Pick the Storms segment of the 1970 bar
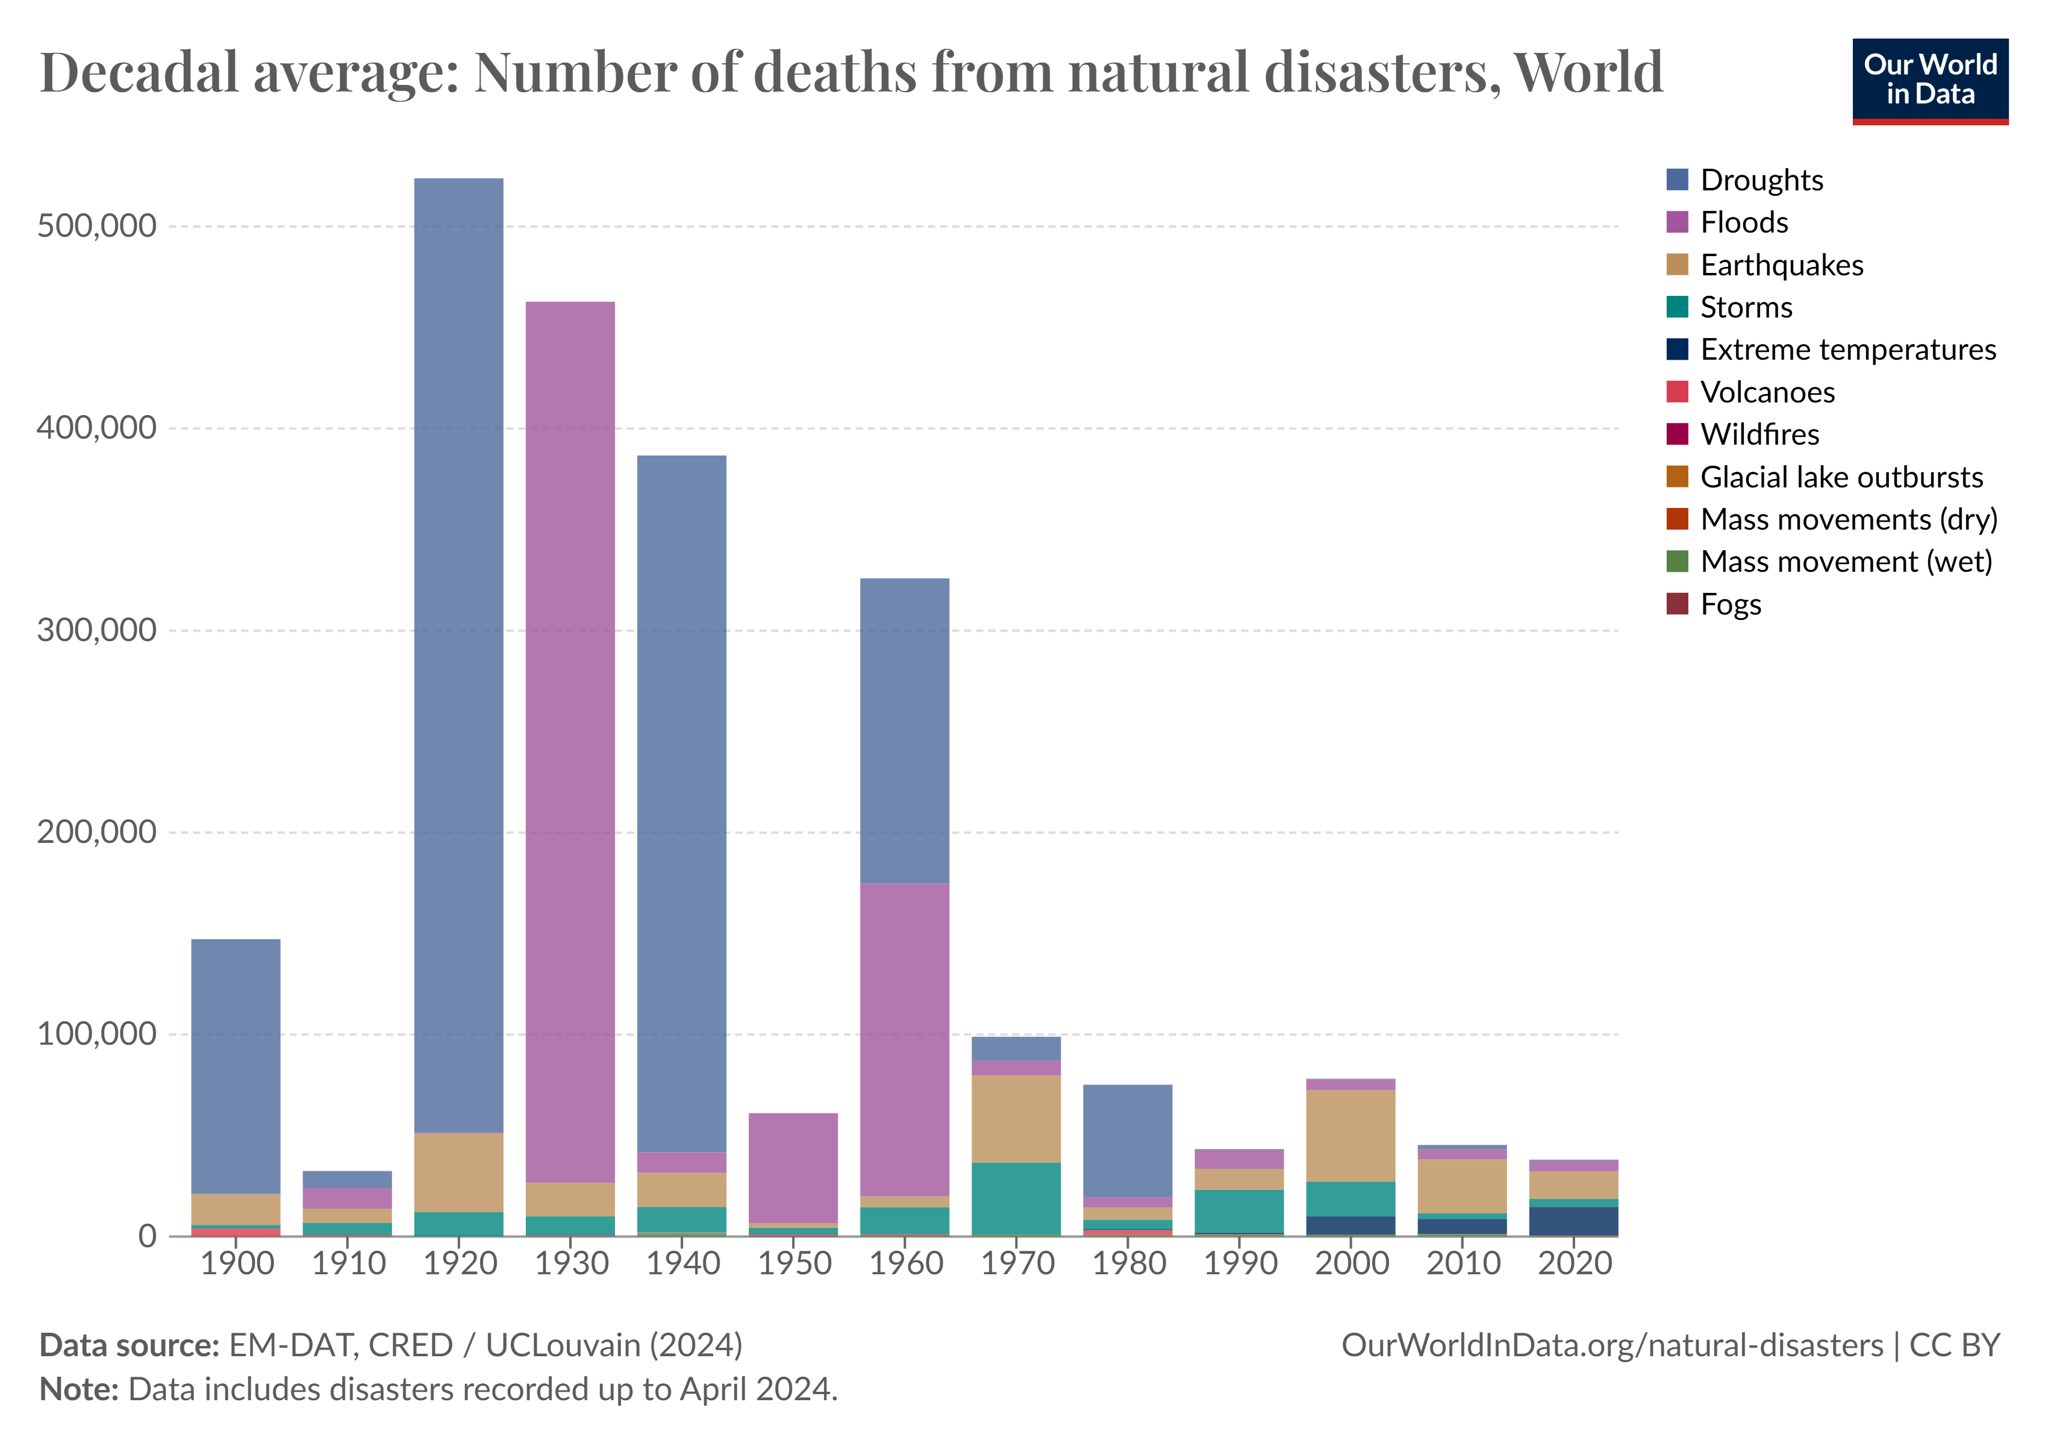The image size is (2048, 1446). [x=1016, y=1198]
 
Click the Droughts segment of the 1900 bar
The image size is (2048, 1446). [x=236, y=1066]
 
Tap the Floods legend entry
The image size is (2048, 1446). [x=1743, y=222]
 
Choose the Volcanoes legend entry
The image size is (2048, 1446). [x=1766, y=392]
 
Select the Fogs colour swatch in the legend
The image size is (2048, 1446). [x=1677, y=604]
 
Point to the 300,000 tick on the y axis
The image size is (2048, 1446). [x=96, y=630]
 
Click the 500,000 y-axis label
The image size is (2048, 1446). [x=96, y=226]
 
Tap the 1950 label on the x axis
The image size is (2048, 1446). [x=795, y=1263]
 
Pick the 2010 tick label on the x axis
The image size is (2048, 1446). [x=1464, y=1263]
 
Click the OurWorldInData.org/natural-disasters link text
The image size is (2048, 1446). [x=1611, y=1344]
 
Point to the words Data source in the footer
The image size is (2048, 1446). [x=130, y=1344]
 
